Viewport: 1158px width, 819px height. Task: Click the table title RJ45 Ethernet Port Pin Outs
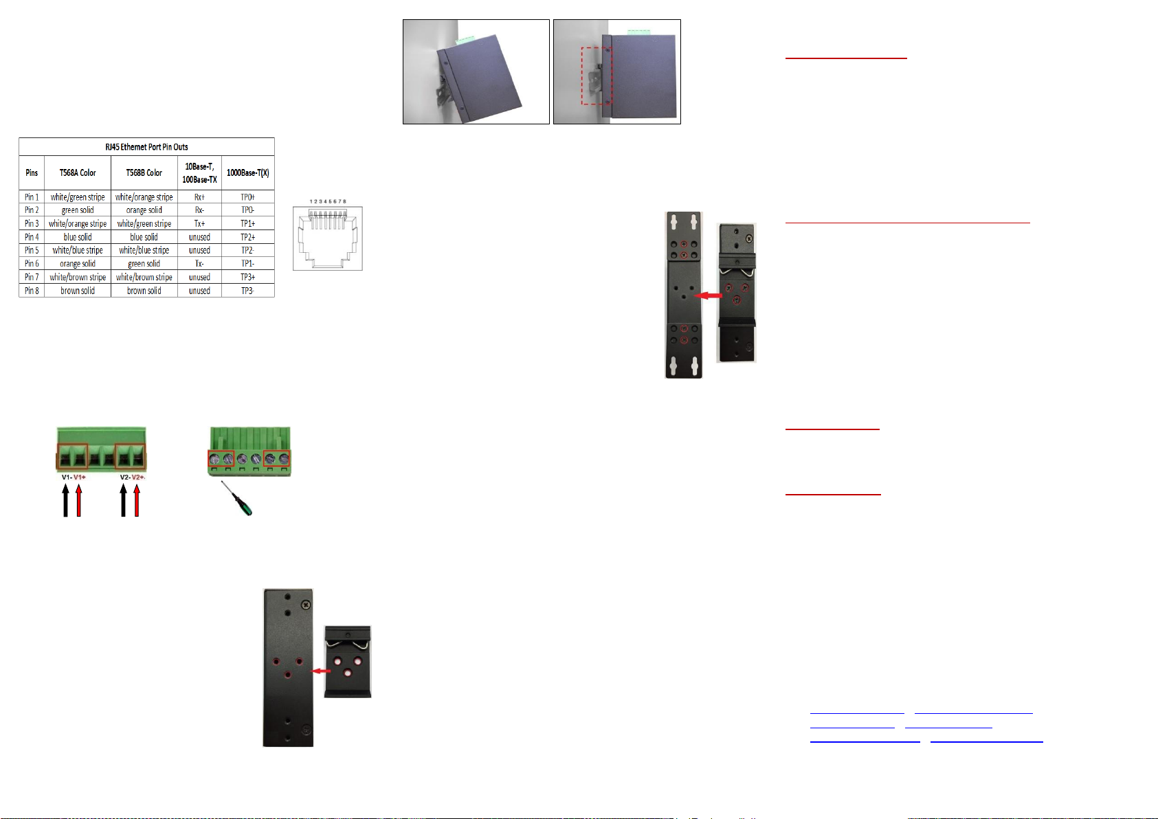coord(146,147)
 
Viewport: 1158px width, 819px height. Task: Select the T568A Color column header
coord(78,172)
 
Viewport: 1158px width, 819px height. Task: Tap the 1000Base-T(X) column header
coord(247,172)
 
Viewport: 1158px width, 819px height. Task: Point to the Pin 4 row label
coord(32,236)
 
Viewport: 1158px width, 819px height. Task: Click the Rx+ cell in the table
coord(199,197)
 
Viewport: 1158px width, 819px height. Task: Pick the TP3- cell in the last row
coord(247,291)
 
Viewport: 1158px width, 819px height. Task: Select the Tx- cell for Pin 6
coord(199,264)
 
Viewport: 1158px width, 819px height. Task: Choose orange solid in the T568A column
coord(78,264)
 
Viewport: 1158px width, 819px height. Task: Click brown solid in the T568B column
coord(144,291)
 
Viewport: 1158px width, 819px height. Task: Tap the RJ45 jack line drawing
coord(328,238)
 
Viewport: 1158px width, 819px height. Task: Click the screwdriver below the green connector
coord(237,498)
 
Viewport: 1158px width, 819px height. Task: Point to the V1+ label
coord(80,477)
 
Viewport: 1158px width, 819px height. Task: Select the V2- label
coord(124,477)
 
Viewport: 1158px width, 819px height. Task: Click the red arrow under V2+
coord(137,500)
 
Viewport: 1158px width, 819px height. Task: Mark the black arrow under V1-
coord(65,500)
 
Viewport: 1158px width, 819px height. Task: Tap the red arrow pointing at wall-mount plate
coord(708,295)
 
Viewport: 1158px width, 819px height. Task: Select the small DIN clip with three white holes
coord(348,662)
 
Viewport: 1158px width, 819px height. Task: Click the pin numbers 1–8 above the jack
coord(328,201)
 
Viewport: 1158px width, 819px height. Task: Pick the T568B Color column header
coord(144,172)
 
